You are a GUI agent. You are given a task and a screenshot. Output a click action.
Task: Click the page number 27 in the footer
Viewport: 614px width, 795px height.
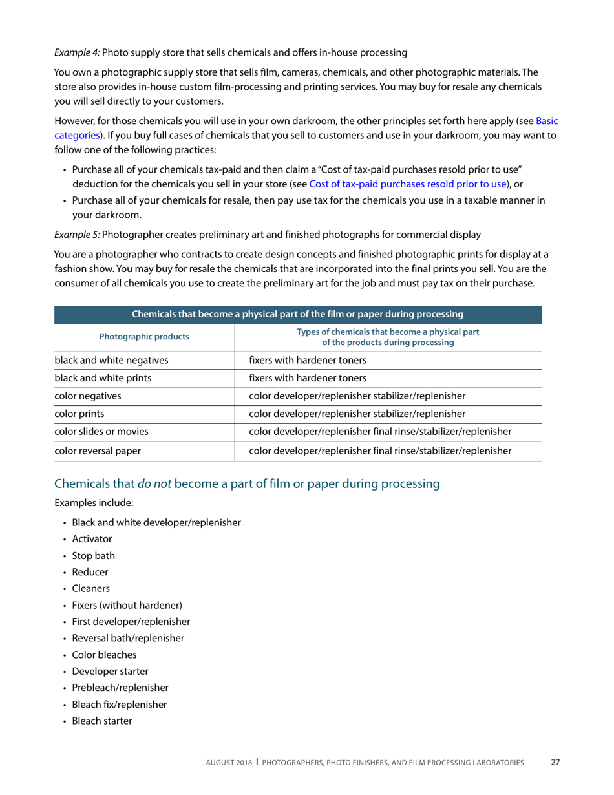click(555, 762)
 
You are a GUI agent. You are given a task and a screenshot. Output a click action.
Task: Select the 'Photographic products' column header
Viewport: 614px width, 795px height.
click(144, 337)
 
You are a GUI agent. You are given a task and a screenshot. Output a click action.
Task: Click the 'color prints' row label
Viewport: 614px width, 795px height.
click(81, 414)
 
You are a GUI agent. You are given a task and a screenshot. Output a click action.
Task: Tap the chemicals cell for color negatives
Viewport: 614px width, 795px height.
click(357, 396)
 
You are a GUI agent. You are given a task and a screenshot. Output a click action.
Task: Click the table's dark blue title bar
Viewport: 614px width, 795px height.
click(297, 315)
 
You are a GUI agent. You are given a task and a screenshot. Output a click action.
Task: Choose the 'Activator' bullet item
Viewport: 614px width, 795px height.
click(92, 538)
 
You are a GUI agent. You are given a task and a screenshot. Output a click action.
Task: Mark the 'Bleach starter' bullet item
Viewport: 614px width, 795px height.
click(102, 720)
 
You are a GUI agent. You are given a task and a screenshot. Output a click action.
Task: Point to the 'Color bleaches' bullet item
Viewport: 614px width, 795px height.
click(104, 654)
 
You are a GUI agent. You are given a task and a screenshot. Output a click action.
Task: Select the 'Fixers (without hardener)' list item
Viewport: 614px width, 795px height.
click(127, 605)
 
